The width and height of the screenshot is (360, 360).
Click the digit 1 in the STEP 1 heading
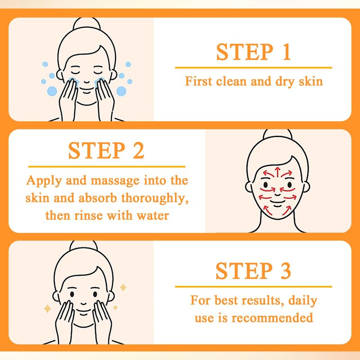287,52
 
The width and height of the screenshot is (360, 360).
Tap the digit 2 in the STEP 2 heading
139,150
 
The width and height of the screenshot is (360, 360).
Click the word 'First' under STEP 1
198,81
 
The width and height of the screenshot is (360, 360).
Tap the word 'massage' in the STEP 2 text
115,181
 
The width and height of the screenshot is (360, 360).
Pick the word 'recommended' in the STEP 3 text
272,318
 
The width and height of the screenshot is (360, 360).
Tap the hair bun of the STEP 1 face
86,23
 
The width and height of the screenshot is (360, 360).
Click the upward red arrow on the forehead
278,172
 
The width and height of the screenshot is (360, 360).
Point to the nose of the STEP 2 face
278,194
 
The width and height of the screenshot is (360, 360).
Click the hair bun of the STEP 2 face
278,134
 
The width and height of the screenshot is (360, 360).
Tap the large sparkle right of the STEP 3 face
123,288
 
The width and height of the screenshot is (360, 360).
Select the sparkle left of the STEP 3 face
47,309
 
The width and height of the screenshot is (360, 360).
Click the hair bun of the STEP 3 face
84,246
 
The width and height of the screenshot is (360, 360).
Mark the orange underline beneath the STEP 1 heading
253,68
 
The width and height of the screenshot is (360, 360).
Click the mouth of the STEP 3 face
84,311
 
